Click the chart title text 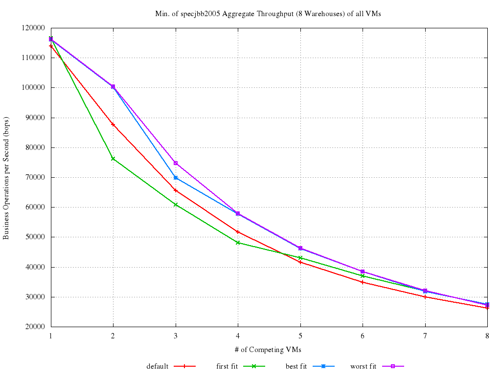(268, 14)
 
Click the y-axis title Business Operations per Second (6, 178)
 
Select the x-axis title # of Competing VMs (268, 349)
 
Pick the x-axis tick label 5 (300, 335)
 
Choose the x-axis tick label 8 (487, 335)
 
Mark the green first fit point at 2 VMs (113, 159)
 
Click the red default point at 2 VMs (113, 125)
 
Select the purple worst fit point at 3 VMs (176, 163)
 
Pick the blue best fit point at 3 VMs (176, 178)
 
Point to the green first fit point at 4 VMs (238, 243)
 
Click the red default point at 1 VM (51, 46)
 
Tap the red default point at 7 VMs (425, 297)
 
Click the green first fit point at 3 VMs (176, 205)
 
